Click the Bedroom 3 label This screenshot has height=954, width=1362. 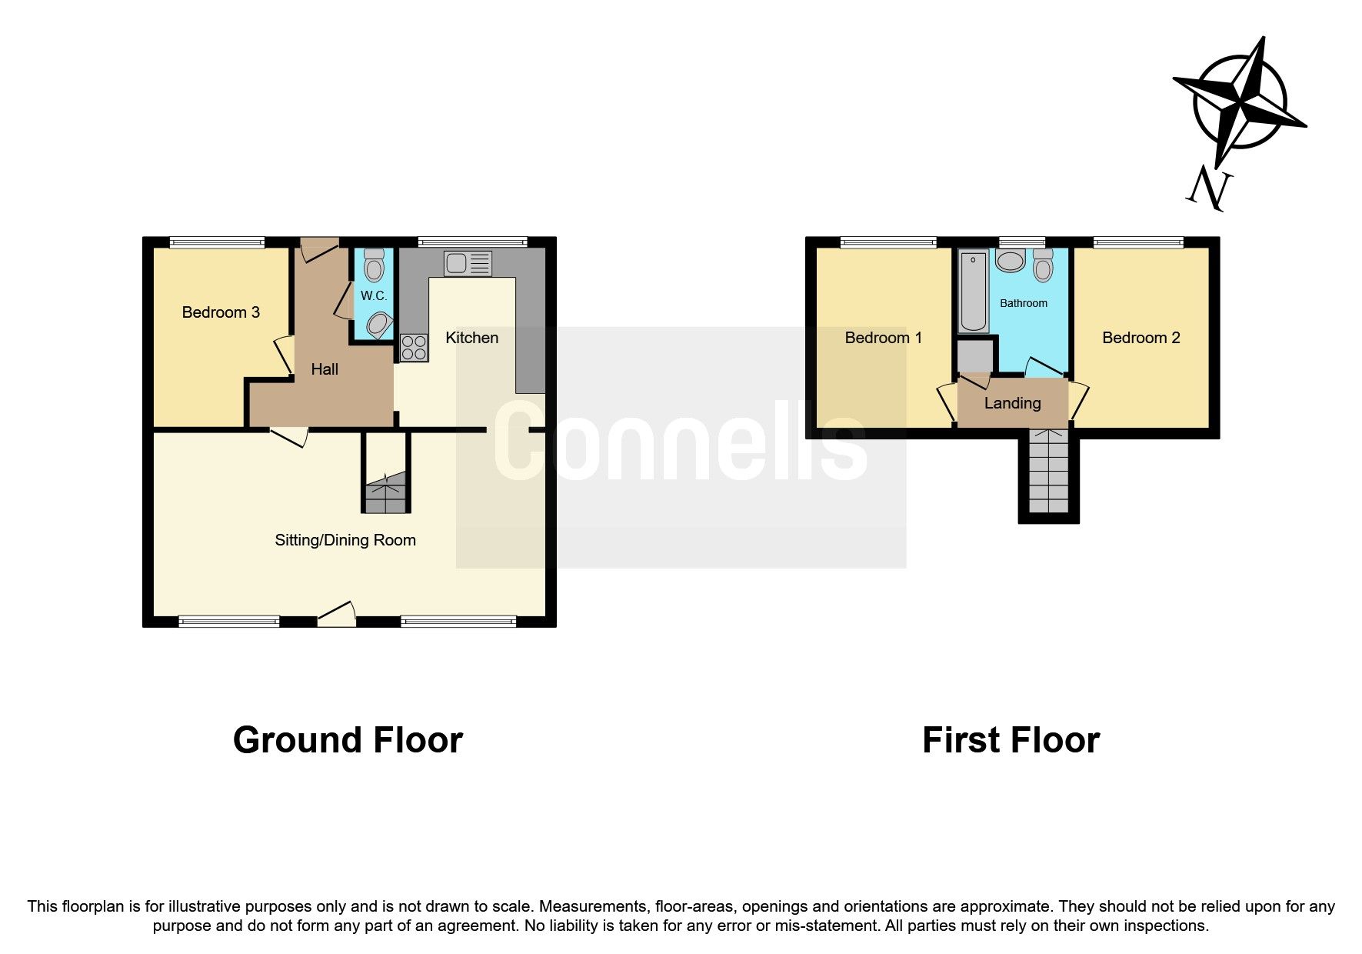pyautogui.click(x=221, y=312)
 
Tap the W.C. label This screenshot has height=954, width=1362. pyautogui.click(x=374, y=296)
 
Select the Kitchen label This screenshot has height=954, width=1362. pyautogui.click(x=472, y=338)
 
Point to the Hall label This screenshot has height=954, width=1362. pyautogui.click(x=325, y=369)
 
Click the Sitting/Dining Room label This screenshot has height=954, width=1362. pyautogui.click(x=345, y=540)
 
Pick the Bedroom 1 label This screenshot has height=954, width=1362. pyautogui.click(x=883, y=338)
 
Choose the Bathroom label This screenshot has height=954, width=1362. pyautogui.click(x=1023, y=303)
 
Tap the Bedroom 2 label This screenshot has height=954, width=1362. pyautogui.click(x=1141, y=338)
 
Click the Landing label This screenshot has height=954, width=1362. pyautogui.click(x=1012, y=403)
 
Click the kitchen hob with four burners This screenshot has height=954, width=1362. pyautogui.click(x=414, y=347)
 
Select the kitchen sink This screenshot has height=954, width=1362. pyautogui.click(x=468, y=264)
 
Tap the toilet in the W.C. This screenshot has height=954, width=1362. pyautogui.click(x=375, y=265)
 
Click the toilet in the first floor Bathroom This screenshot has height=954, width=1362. pyautogui.click(x=1043, y=265)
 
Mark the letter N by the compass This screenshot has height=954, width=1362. pyautogui.click(x=1208, y=189)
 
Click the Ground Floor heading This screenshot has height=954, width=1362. pyautogui.click(x=348, y=740)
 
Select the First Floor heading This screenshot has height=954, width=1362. pyautogui.click(x=1011, y=740)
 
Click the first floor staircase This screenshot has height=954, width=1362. pyautogui.click(x=1049, y=472)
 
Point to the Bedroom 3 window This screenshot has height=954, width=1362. pyautogui.click(x=217, y=243)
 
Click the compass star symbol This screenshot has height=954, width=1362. pyautogui.click(x=1240, y=100)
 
